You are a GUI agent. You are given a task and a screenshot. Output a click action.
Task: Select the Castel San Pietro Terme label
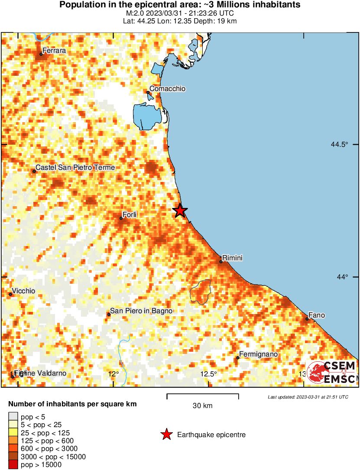pyautogui.click(x=75, y=168)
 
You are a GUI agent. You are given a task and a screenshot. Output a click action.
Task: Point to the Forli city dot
pyautogui.click(x=121, y=218)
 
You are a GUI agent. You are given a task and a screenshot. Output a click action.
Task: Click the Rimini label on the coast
pyautogui.click(x=232, y=258)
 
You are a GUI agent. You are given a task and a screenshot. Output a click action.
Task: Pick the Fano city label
pyautogui.click(x=316, y=315)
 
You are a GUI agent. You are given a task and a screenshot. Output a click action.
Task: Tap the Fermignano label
pyautogui.click(x=258, y=354)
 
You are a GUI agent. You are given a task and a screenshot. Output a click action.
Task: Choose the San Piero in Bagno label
pyautogui.click(x=141, y=311)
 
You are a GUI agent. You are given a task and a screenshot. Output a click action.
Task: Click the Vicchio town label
pyautogui.click(x=24, y=291)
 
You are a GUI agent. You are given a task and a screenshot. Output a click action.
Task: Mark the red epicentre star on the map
pyautogui.click(x=180, y=211)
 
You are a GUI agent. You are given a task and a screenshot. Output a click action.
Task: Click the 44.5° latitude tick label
pyautogui.click(x=339, y=145)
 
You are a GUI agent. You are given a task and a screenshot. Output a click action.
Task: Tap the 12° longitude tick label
pyautogui.click(x=114, y=374)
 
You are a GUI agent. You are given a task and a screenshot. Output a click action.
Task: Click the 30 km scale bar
pyautogui.click(x=203, y=395)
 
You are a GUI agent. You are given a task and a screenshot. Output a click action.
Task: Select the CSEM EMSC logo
pyautogui.click(x=331, y=373)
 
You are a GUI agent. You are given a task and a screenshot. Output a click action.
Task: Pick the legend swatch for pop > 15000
pyautogui.click(x=13, y=465)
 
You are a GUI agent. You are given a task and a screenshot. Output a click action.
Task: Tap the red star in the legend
pyautogui.click(x=166, y=434)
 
